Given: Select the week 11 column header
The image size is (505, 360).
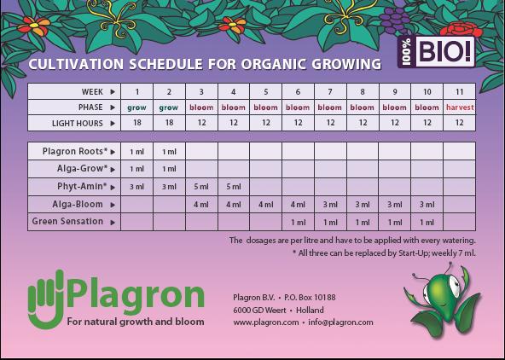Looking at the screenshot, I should tap(459, 91).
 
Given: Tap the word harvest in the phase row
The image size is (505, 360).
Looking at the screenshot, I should tap(459, 107).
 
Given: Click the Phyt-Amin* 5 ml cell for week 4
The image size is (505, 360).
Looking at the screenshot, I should tap(234, 186).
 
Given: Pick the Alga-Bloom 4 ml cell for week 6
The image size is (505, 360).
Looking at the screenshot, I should tap(298, 204).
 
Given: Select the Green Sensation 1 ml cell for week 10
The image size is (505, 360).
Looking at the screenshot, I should tap(427, 222).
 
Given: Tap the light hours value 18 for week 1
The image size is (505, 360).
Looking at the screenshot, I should tap(137, 124).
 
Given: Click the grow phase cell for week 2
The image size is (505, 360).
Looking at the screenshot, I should tap(169, 107).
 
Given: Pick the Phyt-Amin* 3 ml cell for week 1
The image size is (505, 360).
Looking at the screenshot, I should tap(137, 186).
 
